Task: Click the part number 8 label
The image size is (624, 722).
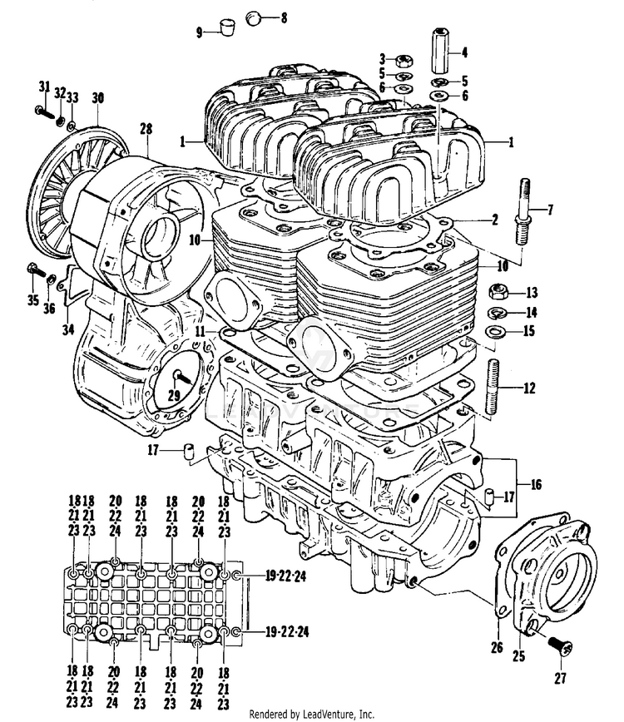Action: (x=284, y=17)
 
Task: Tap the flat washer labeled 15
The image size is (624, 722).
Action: (x=494, y=334)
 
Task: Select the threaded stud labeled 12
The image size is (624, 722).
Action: (x=493, y=387)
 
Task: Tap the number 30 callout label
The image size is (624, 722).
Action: (x=98, y=98)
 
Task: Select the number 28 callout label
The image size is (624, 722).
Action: (x=146, y=128)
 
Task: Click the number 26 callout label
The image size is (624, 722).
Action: (x=498, y=646)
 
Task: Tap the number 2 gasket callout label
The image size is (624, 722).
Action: (x=494, y=220)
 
